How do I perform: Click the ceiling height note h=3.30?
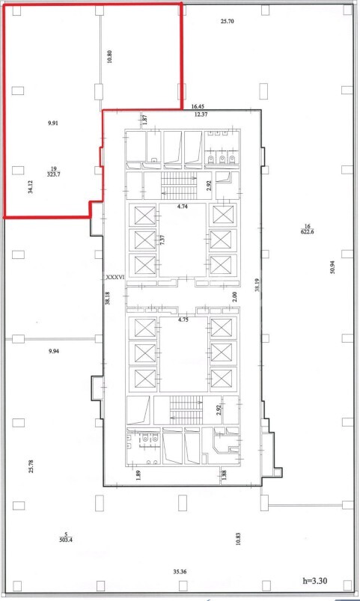click(x=315, y=581)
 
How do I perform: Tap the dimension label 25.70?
click(x=227, y=22)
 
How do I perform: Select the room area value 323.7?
click(x=54, y=174)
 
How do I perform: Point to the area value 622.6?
click(x=308, y=231)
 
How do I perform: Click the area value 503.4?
click(x=66, y=540)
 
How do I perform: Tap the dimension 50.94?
click(x=332, y=266)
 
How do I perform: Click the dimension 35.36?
click(x=180, y=572)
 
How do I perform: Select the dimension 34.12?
click(x=30, y=186)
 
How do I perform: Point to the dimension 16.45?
click(x=198, y=107)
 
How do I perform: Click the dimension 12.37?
click(x=201, y=115)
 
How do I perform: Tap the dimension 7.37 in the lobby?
click(x=162, y=241)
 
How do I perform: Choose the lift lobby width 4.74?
click(x=183, y=207)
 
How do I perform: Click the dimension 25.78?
click(x=31, y=466)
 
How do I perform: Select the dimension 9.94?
click(x=54, y=351)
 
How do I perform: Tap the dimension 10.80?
click(x=110, y=56)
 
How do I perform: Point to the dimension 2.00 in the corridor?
click(x=234, y=296)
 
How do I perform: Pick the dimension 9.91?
click(x=53, y=123)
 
